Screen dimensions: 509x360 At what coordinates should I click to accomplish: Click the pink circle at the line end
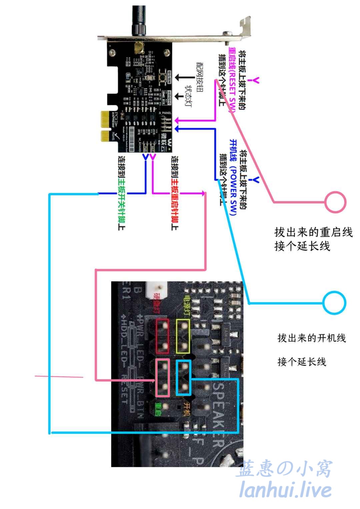(335, 202)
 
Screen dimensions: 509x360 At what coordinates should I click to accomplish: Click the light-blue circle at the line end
(334, 303)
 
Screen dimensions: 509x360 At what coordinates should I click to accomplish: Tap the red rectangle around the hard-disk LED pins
(162, 336)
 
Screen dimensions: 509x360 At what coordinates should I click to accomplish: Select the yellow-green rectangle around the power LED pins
(183, 336)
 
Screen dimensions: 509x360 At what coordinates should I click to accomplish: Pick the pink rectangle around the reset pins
(163, 378)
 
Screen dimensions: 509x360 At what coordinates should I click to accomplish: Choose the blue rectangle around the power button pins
(183, 378)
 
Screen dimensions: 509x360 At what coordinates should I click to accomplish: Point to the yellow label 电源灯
(187, 305)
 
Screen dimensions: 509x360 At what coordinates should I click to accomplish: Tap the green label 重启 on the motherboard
(158, 409)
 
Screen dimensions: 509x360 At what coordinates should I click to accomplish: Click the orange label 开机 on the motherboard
(187, 409)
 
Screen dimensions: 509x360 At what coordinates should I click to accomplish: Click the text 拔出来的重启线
(313, 232)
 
